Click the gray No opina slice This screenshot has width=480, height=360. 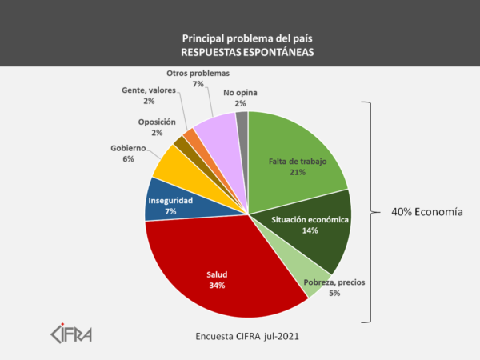click(242, 122)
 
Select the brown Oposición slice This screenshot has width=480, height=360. click(181, 142)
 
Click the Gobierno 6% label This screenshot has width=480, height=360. click(128, 153)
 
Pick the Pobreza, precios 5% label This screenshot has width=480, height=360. click(334, 287)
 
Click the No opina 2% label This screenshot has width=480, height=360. click(239, 98)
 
